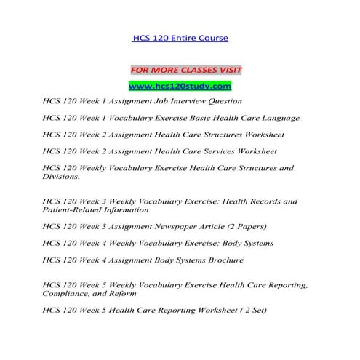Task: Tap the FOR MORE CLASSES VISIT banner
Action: [x=185, y=71]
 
